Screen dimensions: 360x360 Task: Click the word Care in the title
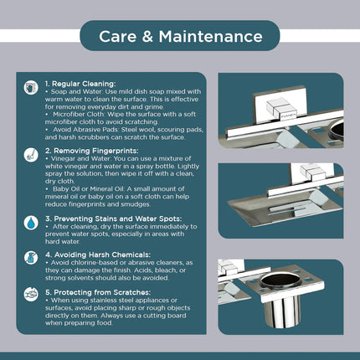point(117,37)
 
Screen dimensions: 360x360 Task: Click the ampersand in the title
point(147,37)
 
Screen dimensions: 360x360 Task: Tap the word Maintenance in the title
point(211,37)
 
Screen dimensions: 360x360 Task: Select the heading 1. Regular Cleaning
point(80,84)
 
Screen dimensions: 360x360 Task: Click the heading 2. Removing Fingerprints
point(92,151)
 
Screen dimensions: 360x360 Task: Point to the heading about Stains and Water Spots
point(114,219)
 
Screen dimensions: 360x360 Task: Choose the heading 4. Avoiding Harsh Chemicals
point(98,255)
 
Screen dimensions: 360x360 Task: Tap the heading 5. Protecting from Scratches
point(98,292)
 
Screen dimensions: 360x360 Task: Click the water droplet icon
point(31,223)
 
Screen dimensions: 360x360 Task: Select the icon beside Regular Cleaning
point(31,88)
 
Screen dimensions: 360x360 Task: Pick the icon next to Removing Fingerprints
point(31,155)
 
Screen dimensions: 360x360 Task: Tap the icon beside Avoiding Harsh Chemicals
point(31,258)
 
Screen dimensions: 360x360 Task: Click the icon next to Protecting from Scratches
point(31,295)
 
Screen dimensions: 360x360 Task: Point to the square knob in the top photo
point(280,109)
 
